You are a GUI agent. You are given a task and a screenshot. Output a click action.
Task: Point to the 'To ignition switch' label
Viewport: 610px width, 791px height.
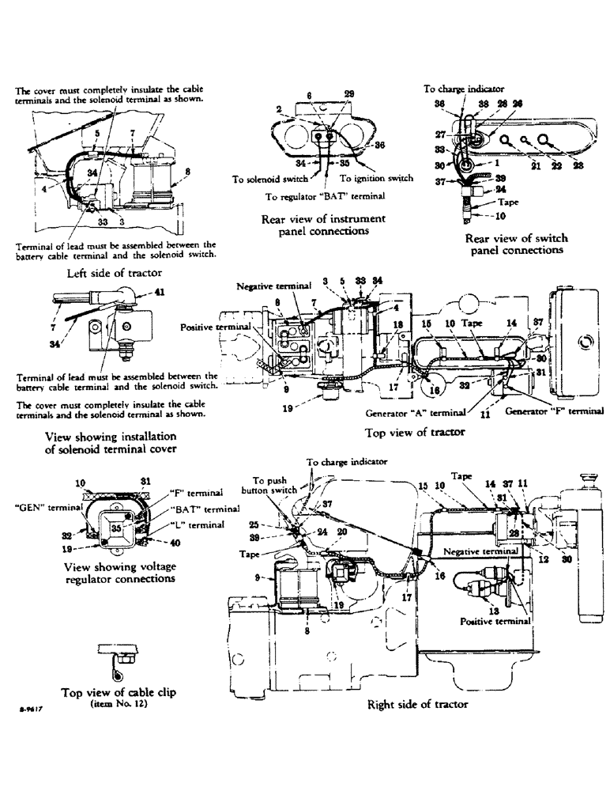click(378, 179)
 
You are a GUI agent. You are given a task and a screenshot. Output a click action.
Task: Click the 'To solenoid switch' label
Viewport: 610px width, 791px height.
click(265, 180)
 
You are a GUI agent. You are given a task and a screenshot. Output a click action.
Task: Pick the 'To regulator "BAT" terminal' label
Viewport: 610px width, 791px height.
click(325, 195)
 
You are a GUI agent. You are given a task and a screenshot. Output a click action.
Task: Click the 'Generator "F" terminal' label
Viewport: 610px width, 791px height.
click(554, 411)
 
